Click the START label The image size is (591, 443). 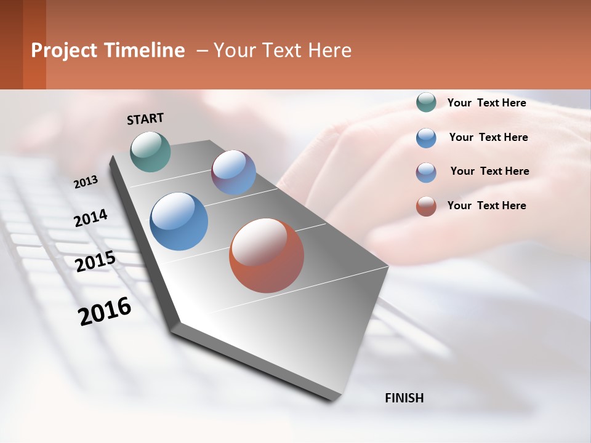(x=145, y=119)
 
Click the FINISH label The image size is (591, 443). (x=404, y=398)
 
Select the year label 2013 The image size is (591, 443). (x=86, y=182)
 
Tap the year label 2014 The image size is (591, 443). (x=90, y=218)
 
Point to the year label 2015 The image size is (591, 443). (x=95, y=261)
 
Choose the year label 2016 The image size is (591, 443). (x=105, y=311)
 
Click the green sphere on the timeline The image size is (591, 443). (x=150, y=151)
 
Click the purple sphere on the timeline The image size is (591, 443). (x=233, y=172)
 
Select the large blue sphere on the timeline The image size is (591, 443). (x=179, y=221)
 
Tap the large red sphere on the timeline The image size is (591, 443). (x=267, y=255)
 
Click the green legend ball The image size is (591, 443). (x=426, y=102)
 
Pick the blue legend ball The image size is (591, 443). (x=426, y=137)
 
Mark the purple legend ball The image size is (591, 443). (x=426, y=172)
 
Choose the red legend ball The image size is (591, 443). (x=426, y=206)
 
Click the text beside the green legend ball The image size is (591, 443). (x=486, y=103)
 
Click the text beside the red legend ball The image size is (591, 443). (x=486, y=206)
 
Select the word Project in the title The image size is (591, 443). (x=64, y=50)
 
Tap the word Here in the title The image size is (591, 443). (x=329, y=50)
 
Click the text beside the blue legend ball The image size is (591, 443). (x=488, y=137)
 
